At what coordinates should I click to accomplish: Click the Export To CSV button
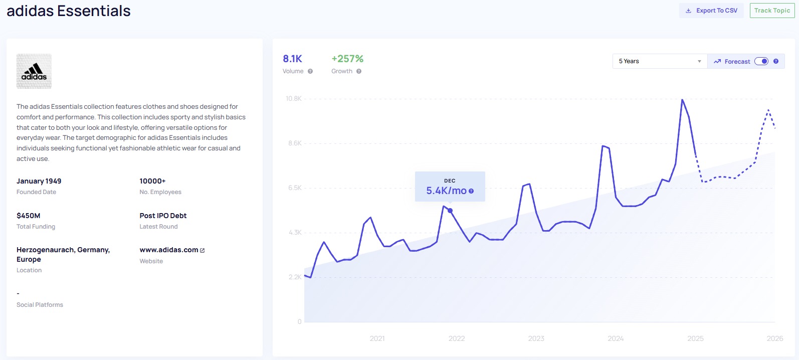coord(711,11)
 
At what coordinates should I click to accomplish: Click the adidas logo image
coord(34,71)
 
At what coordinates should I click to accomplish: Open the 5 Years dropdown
coord(659,61)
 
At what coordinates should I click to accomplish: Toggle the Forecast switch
coord(761,61)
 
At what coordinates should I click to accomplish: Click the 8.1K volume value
coord(292,59)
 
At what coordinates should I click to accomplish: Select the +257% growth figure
coord(347,59)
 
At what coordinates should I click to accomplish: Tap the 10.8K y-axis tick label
coord(294,99)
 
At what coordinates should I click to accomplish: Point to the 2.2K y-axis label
coord(295,277)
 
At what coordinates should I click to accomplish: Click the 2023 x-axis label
coord(536,338)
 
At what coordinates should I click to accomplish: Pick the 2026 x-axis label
coord(774,338)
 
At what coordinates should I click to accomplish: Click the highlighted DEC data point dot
coord(450,211)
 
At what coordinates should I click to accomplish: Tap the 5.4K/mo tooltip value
coord(446,191)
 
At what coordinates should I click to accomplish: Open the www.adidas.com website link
coord(169,250)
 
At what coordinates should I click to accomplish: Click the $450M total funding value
coord(29,216)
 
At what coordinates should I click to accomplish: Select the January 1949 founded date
coord(39,181)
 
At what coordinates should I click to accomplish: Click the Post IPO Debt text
coord(163,216)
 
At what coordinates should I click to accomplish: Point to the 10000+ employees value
coord(152,181)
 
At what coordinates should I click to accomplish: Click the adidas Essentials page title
coord(69,11)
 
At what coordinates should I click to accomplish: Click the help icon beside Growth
coord(359,71)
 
